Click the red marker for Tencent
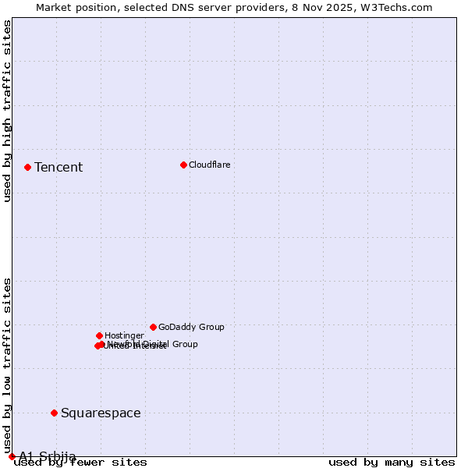pos(27,167)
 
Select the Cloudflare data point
pos(183,165)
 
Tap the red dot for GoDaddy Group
pos(153,327)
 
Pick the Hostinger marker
pos(99,335)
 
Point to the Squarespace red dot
pos(54,413)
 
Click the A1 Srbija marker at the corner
pos(12,456)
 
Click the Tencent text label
pos(58,167)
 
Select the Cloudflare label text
pos(210,165)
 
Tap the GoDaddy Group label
pos(191,327)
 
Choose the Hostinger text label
pos(124,335)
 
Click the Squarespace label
pos(101,413)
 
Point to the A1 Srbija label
pos(48,456)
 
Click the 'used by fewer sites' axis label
pos(81,463)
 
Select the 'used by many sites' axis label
pos(392,463)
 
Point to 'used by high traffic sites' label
pos(8,111)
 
